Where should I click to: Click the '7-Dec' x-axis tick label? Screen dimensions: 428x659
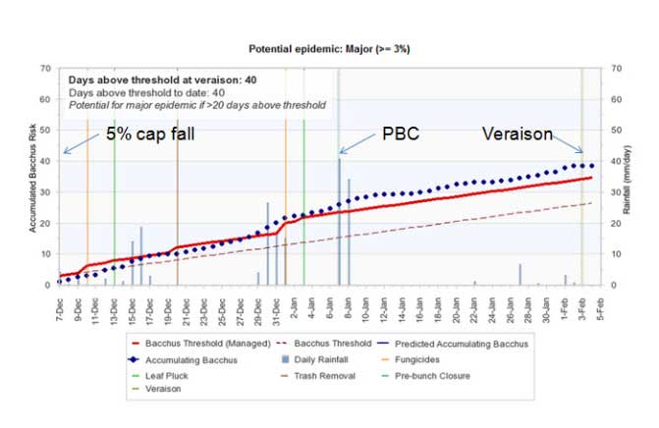click(x=61, y=304)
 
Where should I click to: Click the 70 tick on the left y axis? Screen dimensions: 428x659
click(x=44, y=69)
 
